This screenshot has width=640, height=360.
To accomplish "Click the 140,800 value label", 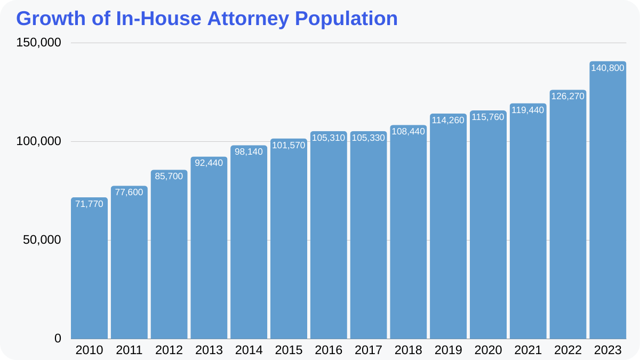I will click(607, 68).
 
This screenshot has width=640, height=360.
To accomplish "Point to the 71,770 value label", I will click(89, 204).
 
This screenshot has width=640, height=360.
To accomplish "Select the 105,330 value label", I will click(368, 138).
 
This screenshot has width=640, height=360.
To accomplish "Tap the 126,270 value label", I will click(567, 97).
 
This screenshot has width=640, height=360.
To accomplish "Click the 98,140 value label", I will click(249, 152).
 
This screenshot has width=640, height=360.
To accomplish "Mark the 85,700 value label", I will click(169, 176).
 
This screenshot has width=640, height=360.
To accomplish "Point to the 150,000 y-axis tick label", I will click(38, 43).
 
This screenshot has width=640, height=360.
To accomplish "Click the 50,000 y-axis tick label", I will click(42, 240).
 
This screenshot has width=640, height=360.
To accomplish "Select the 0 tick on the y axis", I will click(58, 339).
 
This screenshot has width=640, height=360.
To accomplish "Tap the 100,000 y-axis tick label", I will click(38, 141).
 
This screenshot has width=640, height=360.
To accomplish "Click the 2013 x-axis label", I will click(209, 350).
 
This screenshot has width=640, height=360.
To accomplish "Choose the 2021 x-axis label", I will click(528, 350).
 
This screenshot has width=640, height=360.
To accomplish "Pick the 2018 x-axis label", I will click(408, 350).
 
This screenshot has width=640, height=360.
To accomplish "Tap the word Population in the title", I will click(346, 19).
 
